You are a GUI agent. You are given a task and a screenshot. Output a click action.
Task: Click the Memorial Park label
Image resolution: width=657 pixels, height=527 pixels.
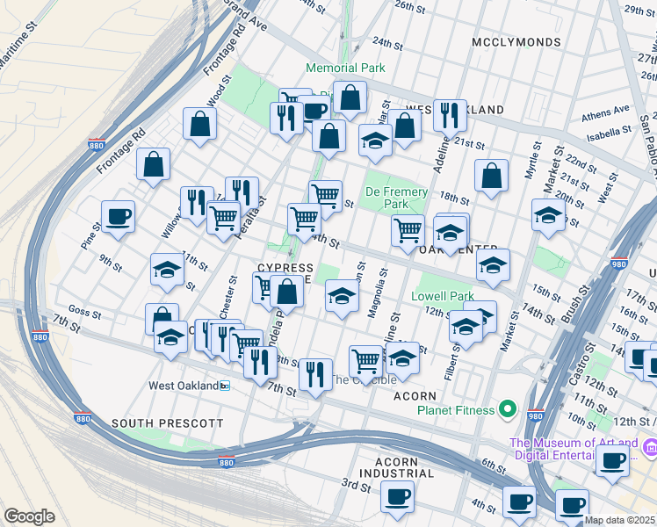[345, 68]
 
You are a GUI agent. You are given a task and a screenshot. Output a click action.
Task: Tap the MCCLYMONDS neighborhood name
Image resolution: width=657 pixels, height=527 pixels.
[516, 42]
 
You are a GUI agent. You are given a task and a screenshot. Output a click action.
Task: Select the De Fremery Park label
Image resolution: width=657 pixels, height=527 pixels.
[397, 198]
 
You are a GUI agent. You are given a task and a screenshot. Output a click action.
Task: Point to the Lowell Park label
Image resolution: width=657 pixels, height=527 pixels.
[443, 296]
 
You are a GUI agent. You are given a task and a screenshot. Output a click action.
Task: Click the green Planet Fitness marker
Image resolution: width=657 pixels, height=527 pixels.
[507, 408]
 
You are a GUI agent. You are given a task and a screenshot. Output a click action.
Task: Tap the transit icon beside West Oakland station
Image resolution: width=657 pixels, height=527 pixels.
[224, 386]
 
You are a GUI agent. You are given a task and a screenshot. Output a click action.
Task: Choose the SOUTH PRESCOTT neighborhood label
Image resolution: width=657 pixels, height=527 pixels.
[168, 423]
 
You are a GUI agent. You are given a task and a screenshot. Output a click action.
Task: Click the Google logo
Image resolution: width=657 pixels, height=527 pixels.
[29, 516]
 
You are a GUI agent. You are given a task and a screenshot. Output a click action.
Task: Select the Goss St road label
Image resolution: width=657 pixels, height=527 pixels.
[85, 312]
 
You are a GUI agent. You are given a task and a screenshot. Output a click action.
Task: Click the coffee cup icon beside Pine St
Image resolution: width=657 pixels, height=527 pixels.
[118, 216]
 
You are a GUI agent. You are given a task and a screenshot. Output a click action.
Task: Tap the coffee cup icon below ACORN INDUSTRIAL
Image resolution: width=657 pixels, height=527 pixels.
[398, 497]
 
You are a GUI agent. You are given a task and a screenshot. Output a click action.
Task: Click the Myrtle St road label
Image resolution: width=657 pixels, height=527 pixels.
[532, 161]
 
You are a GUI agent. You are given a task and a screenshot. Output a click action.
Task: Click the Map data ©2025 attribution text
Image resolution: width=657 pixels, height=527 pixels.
[620, 520]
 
